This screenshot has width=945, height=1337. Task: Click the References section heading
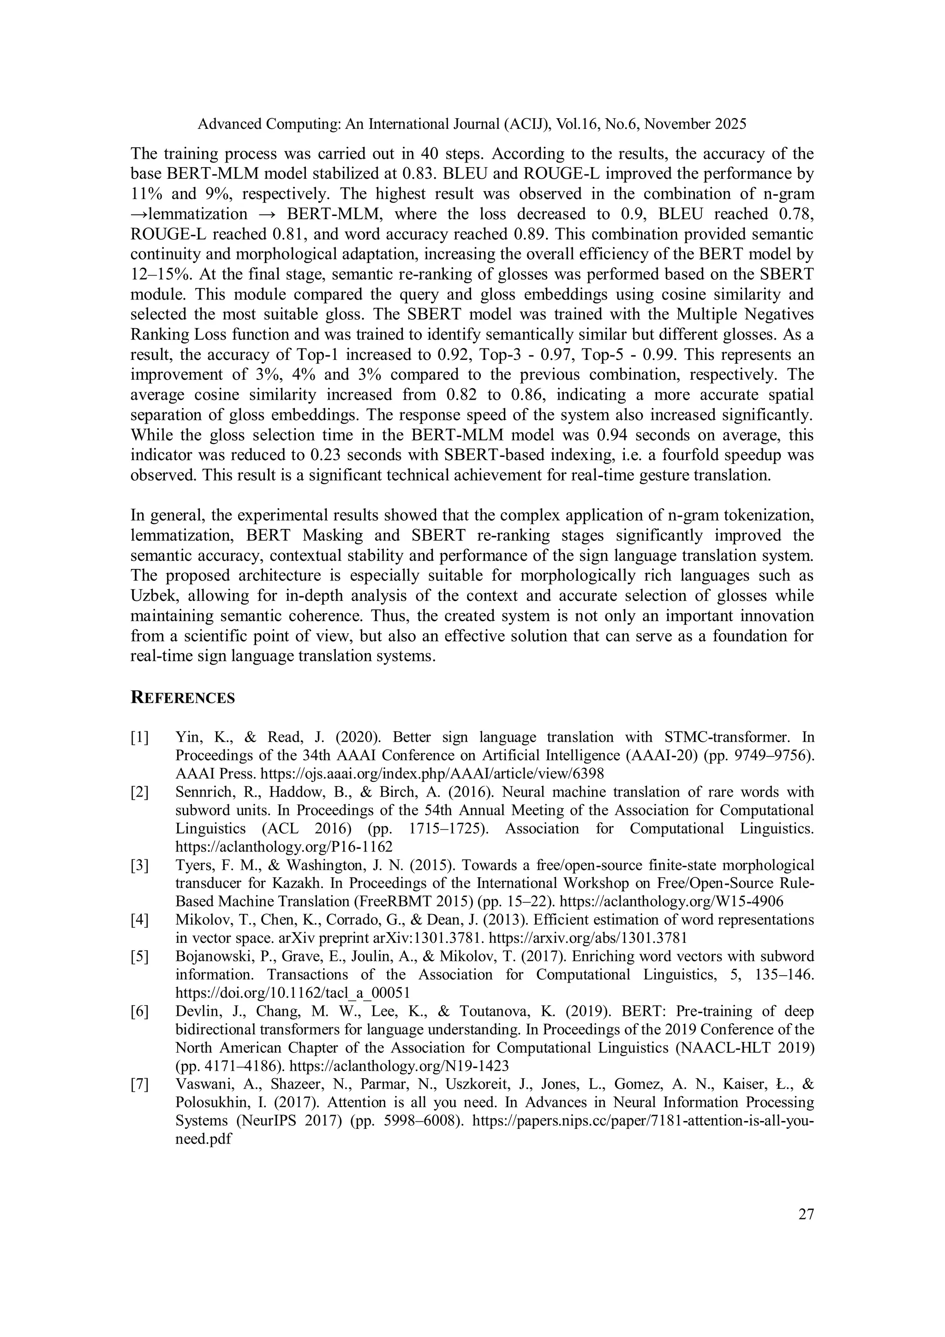[x=182, y=698]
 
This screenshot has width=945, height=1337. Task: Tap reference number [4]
[x=140, y=920]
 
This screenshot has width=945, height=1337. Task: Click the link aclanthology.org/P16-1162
[x=284, y=847]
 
